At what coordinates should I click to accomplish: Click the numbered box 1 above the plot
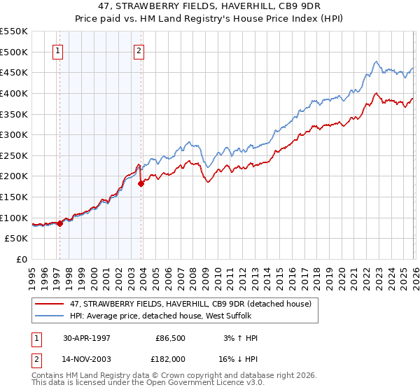click(57, 50)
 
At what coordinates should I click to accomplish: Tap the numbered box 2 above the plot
click(139, 50)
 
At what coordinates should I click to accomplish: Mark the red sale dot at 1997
click(60, 223)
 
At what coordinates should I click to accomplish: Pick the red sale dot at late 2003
click(141, 183)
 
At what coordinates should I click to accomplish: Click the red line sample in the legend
click(50, 303)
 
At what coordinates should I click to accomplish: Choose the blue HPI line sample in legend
click(50, 316)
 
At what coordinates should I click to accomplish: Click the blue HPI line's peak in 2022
click(377, 62)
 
